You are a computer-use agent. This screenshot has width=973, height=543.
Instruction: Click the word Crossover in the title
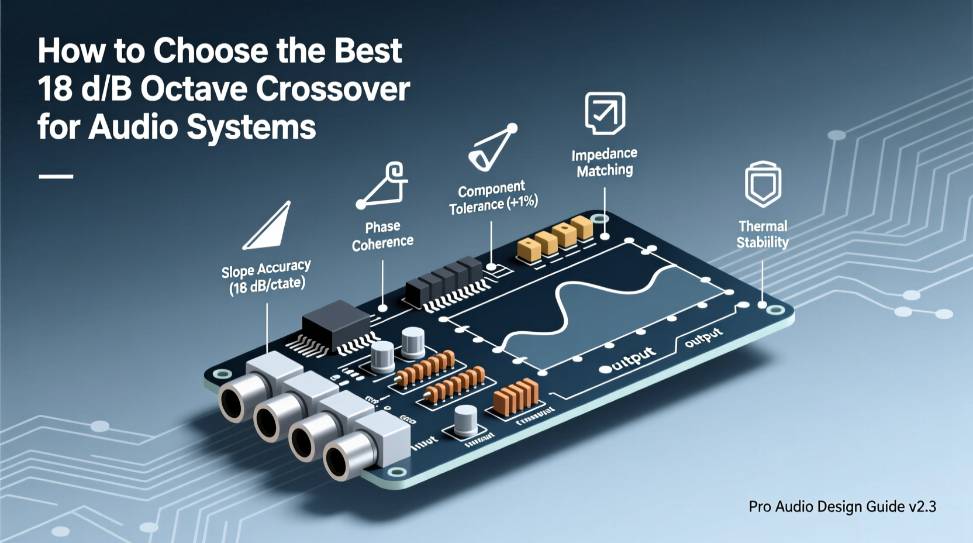coord(333,89)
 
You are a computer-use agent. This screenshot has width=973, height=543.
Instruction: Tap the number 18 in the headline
coord(54,89)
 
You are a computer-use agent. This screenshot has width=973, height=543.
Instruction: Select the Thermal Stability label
coord(762,234)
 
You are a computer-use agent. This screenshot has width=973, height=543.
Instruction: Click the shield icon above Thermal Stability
coord(763,184)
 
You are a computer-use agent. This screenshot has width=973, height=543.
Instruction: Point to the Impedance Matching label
coord(604,162)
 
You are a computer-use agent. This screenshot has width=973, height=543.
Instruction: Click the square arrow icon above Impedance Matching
coord(605,112)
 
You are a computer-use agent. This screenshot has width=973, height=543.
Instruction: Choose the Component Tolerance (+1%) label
coord(493,197)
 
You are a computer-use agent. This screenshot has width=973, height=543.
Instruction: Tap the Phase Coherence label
coord(382,235)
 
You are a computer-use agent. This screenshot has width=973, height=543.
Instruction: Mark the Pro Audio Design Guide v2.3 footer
coord(842,506)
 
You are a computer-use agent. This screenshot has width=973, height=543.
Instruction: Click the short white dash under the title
coord(56,176)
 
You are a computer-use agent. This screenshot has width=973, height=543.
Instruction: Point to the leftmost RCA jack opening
coord(233,402)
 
